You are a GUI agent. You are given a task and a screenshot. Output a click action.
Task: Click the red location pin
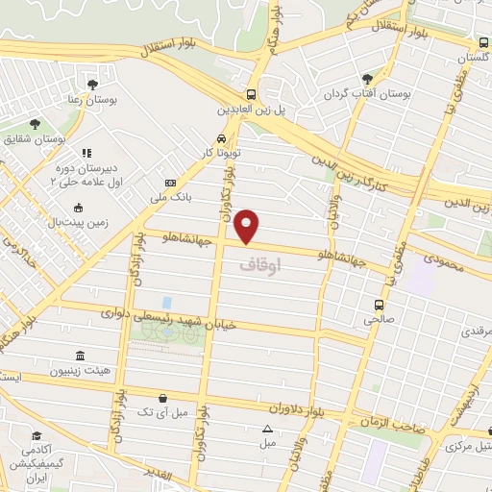pyautogui.click(x=248, y=225)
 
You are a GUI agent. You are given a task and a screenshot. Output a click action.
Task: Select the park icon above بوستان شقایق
pyautogui.click(x=35, y=124)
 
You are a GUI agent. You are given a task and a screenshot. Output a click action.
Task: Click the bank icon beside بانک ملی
pyautogui.click(x=170, y=183)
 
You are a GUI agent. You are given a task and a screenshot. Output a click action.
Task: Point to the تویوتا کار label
pyautogui.click(x=220, y=153)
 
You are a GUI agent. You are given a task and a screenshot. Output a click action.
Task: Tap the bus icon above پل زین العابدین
pyautogui.click(x=251, y=94)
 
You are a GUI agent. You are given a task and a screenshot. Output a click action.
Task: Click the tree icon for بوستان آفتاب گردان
pyautogui.click(x=366, y=79)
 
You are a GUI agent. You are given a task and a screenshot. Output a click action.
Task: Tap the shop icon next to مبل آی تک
pyautogui.click(x=162, y=398)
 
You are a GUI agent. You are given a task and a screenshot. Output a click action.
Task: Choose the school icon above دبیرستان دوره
pyautogui.click(x=86, y=152)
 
